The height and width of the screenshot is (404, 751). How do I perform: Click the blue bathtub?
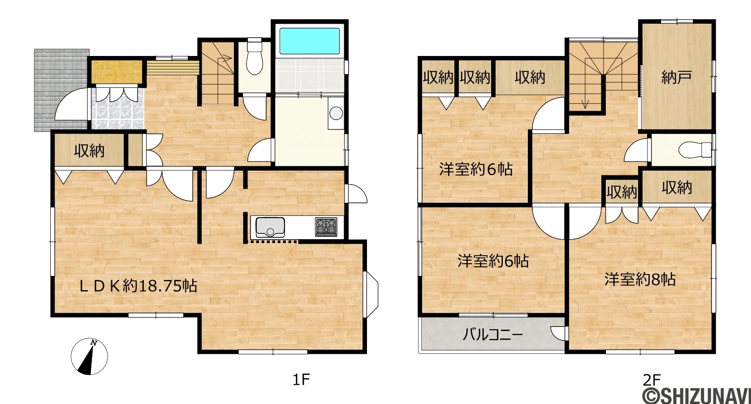[310, 41]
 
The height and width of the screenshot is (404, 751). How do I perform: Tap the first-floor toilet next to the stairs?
[255, 56]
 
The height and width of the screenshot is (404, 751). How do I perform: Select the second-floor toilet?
[695, 150]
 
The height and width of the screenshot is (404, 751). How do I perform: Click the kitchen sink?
[270, 227]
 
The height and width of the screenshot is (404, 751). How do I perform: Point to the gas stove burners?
[326, 227]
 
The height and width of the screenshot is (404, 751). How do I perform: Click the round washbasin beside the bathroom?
[336, 113]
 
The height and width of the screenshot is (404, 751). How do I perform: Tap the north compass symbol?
[89, 357]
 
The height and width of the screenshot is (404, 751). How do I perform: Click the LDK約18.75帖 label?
[138, 286]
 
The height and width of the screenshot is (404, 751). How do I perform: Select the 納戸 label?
[676, 77]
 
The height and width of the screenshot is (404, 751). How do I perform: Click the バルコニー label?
[492, 334]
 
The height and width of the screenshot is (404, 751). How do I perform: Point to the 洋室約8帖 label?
[640, 279]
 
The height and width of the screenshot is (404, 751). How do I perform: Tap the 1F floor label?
[301, 380]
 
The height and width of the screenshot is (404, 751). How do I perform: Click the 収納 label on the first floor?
[89, 151]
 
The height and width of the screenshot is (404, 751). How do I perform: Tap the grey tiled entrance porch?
[62, 90]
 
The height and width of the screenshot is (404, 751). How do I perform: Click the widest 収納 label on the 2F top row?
[530, 77]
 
